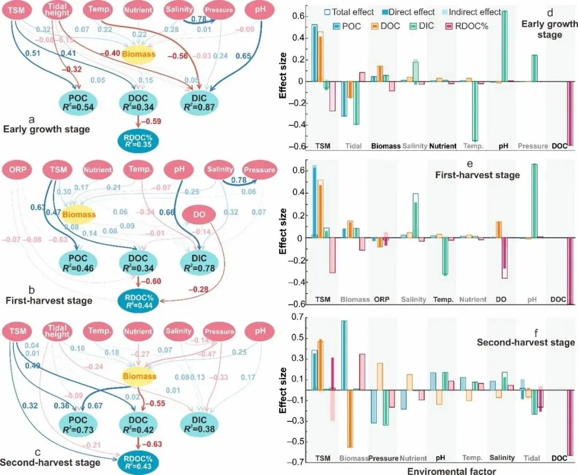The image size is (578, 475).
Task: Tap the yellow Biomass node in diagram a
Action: [139, 54]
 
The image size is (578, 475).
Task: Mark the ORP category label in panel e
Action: [381, 299]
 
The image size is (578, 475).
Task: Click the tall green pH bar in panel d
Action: [504, 46]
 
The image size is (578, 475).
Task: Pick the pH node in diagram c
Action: [260, 331]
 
